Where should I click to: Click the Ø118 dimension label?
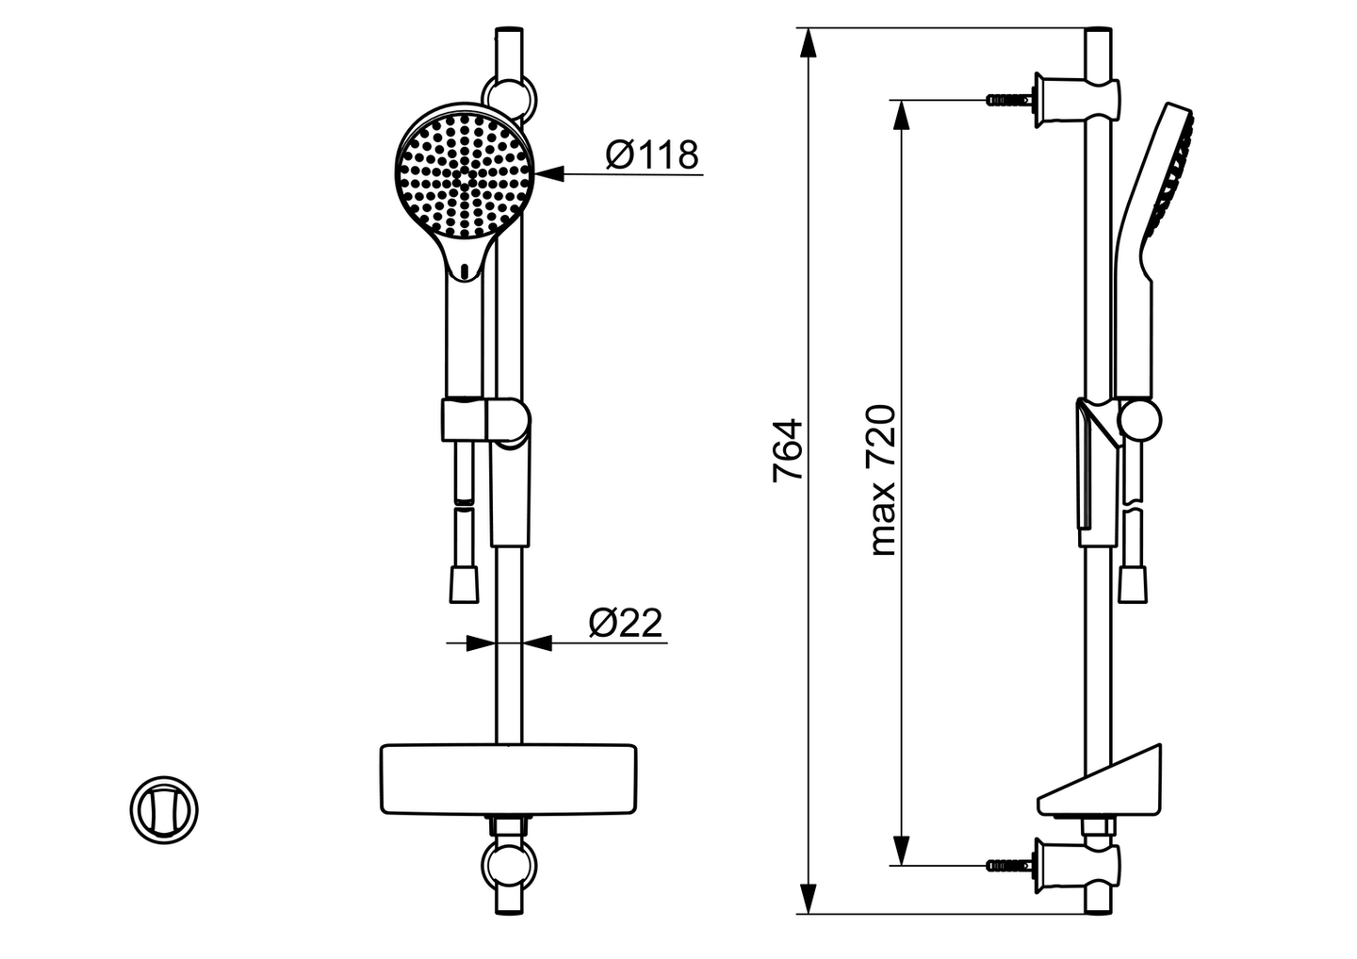[x=652, y=154]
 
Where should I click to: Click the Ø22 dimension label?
[x=626, y=623]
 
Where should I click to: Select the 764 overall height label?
[x=788, y=450]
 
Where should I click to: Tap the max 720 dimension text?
[x=883, y=480]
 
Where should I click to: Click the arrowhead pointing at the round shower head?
[x=548, y=173]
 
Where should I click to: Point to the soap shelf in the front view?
[x=508, y=779]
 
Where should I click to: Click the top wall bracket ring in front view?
[x=509, y=96]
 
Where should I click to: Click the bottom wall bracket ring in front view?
[x=509, y=864]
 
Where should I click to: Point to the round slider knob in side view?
[x=1139, y=419]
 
